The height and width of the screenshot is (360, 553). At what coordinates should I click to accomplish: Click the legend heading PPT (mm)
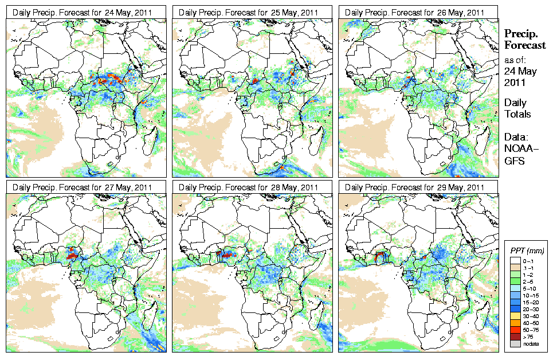point(527,251)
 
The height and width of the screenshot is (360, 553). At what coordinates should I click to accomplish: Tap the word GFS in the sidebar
point(514,161)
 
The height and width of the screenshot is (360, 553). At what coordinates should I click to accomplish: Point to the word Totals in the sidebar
point(517,114)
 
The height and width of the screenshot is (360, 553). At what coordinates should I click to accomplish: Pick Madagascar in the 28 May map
point(317,313)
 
